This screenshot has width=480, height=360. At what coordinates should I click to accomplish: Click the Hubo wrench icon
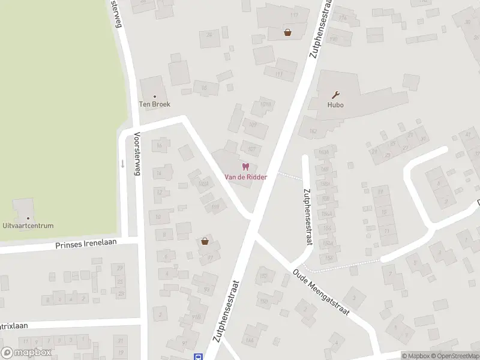point(336,94)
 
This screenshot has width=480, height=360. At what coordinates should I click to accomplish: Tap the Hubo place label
point(335,104)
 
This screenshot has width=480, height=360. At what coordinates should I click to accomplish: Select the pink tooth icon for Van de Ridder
point(245,167)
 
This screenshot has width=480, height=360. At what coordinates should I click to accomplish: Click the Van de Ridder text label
point(245,177)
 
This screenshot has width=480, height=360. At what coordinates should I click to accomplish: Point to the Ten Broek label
point(155,104)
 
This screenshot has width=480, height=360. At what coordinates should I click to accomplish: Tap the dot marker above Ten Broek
point(155,96)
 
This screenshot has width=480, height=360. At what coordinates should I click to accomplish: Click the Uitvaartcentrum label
point(28,226)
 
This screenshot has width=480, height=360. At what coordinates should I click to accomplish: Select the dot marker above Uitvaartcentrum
point(28,218)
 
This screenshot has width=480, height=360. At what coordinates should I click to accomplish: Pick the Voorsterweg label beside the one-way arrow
point(137,154)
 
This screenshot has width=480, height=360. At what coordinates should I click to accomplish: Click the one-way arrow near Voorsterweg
point(122,163)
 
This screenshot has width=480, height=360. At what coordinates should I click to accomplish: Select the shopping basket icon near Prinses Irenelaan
point(205,241)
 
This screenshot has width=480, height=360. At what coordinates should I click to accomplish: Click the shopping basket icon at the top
point(288,32)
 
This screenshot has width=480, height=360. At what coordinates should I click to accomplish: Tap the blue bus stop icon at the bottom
point(197,356)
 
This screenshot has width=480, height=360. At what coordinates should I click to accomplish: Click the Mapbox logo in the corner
point(26,353)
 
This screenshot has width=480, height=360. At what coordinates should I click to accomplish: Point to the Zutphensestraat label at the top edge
point(320,29)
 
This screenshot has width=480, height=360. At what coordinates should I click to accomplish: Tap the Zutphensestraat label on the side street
point(307,217)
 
